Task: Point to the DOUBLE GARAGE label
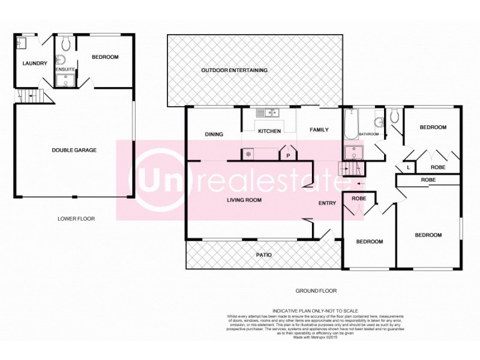74,150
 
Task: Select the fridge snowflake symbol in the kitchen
247,154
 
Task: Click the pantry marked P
288,155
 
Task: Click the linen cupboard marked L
409,168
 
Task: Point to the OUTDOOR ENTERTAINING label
234,70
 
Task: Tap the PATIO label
264,255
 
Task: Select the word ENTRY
327,203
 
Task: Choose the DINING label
214,134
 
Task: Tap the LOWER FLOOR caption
77,218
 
